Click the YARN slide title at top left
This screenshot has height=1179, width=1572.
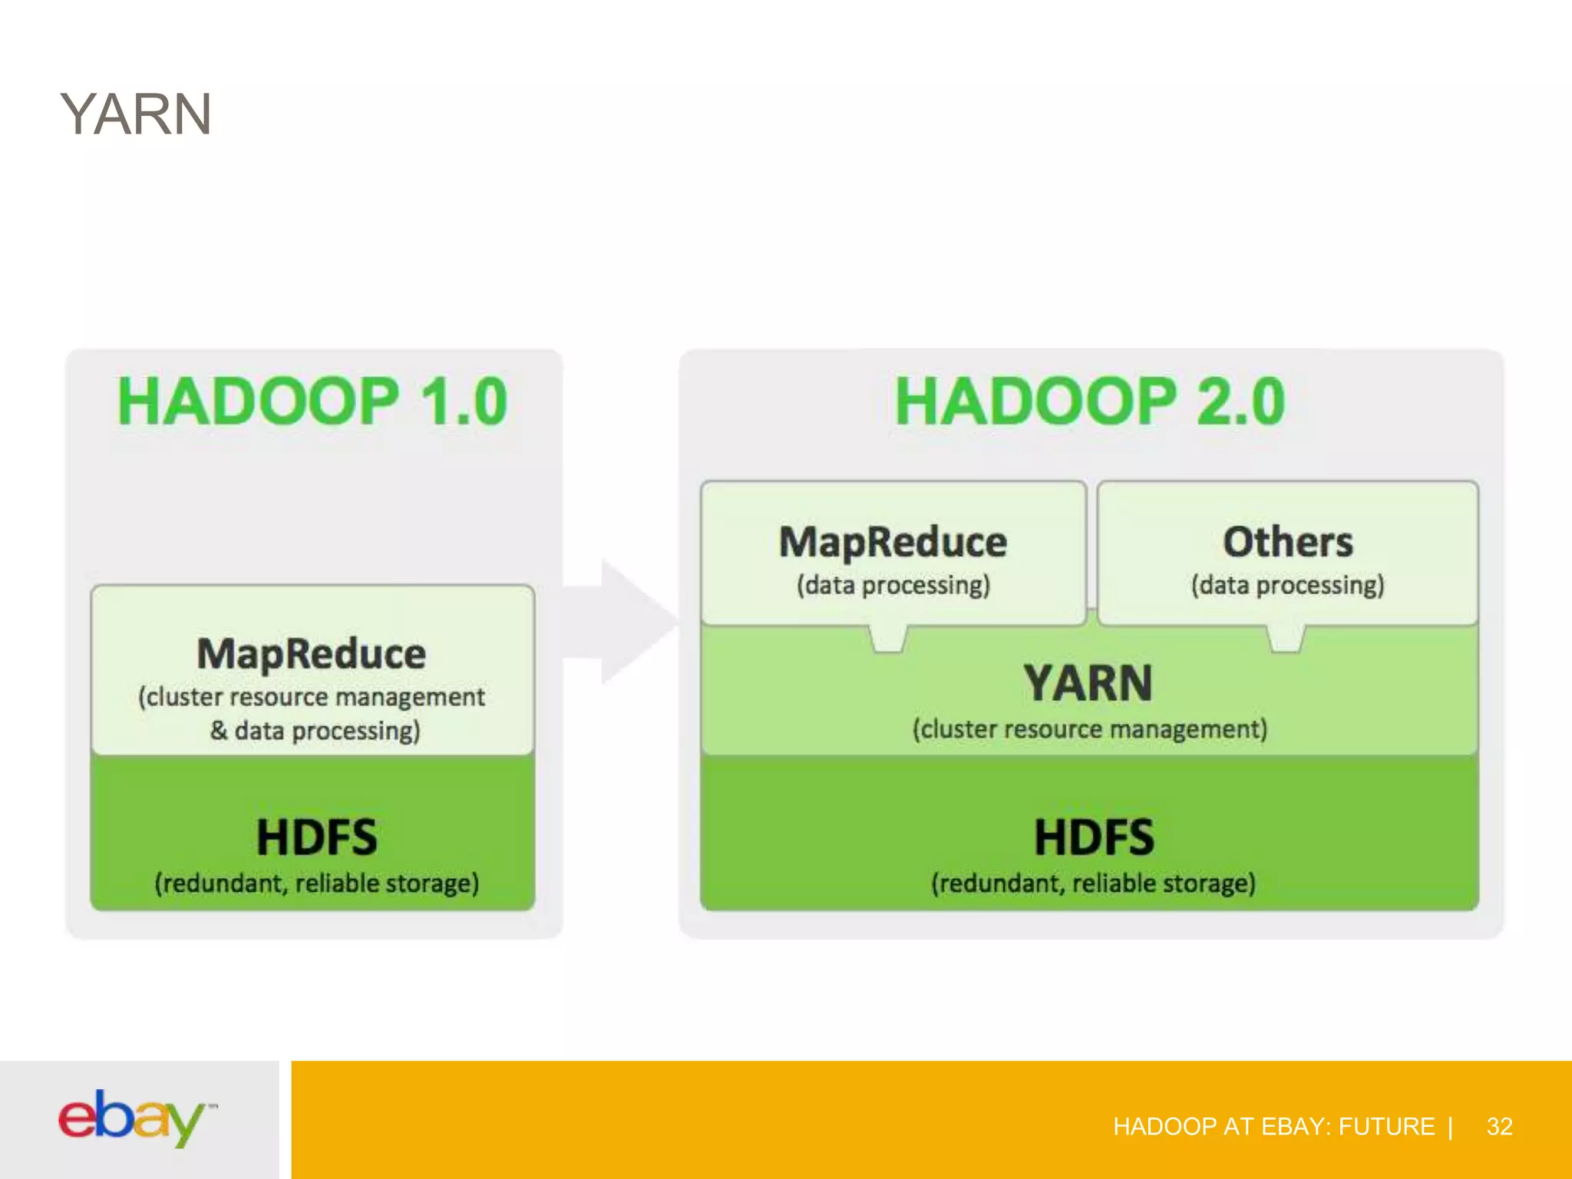[136, 115]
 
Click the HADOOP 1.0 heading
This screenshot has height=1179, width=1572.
[312, 401]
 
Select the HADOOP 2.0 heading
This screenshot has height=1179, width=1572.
[1090, 401]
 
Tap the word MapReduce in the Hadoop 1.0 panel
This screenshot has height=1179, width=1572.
[312, 654]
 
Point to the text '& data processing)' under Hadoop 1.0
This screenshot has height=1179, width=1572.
[315, 731]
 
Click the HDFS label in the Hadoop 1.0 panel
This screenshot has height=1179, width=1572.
[316, 837]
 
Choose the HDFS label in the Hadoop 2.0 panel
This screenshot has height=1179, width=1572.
[1094, 837]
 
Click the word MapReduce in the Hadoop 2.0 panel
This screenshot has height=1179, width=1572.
[893, 542]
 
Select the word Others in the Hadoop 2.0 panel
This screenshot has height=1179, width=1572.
[1288, 542]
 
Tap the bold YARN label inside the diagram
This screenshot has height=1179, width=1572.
[1088, 683]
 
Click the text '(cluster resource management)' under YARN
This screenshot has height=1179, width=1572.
[1090, 729]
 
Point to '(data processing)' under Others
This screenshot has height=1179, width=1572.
[1288, 586]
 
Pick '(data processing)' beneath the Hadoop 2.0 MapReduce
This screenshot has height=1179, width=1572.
[893, 586]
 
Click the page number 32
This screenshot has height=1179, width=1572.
[1499, 1127]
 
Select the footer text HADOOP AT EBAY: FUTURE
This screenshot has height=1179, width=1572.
[1273, 1127]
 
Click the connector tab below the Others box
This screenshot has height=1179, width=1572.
[1286, 639]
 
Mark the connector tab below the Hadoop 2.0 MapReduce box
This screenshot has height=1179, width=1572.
[888, 639]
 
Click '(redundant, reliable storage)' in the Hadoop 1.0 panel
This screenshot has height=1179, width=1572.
[317, 883]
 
